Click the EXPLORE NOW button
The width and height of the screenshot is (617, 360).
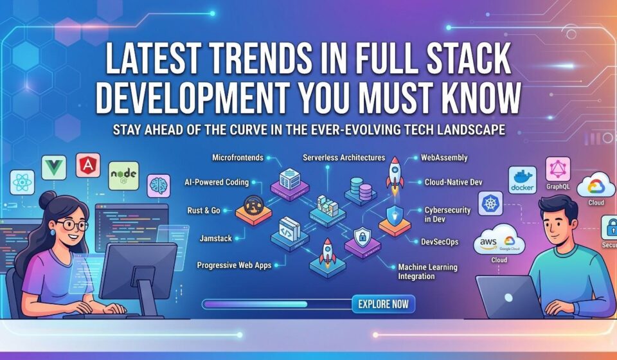point(383,304)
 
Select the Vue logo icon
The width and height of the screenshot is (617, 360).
point(54,167)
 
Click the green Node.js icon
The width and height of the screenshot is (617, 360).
point(123,175)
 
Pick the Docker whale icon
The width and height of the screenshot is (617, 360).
point(522,180)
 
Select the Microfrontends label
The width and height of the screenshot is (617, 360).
point(238,157)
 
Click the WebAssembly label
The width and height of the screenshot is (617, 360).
point(444,157)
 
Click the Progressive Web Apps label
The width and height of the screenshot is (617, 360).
point(234,265)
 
